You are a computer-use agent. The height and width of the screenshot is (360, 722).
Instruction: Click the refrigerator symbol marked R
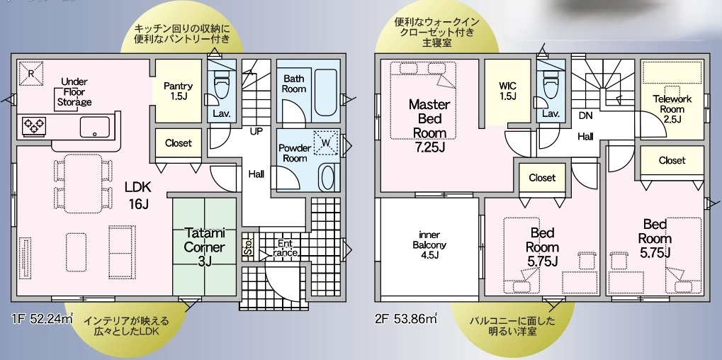31,74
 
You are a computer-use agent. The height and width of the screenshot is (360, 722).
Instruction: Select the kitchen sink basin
95,127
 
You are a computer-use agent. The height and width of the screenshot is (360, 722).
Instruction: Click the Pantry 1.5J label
179,91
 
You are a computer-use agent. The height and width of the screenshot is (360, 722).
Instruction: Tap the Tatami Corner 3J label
205,247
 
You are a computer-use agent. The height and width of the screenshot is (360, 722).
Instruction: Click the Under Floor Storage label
74,92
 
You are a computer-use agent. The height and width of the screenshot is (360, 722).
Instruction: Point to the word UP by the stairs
256,132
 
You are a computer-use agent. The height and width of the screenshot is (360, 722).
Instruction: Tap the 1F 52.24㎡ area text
41,318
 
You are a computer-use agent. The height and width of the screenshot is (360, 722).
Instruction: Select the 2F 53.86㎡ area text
406,318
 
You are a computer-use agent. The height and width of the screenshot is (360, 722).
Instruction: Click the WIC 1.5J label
507,91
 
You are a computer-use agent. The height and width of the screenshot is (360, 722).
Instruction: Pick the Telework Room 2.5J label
672,109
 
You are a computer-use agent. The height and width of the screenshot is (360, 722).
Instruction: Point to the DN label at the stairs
586,116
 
